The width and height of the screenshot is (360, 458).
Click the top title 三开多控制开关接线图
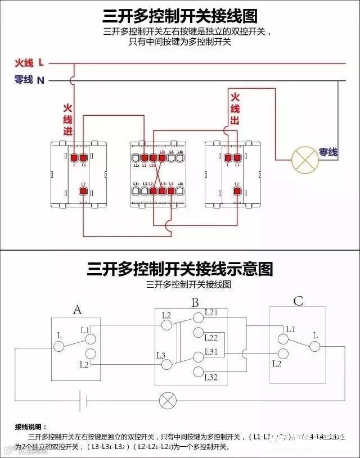coord(180,15)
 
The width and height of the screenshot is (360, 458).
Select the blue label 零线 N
coord(29,80)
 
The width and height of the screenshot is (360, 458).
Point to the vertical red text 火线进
coord(67,119)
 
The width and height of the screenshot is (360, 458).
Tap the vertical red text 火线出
coord(235,109)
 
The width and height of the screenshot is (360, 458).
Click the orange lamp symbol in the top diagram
coord(304,159)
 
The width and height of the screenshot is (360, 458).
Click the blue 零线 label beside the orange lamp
coord(328,152)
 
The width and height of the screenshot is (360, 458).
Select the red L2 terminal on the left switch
coord(83,192)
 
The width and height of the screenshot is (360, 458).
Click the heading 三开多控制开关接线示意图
coord(180,268)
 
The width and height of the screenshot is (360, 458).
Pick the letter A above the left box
coord(78,309)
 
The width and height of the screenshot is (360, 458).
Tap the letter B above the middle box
coord(195,303)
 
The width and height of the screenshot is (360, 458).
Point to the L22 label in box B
coord(211,338)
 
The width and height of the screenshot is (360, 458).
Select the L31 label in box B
coord(211,351)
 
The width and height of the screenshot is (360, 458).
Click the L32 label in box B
coord(211,377)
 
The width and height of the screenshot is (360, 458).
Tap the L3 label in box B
coord(160,355)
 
